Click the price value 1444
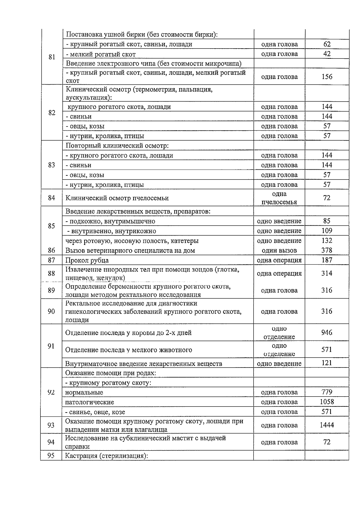327,425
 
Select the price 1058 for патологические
327,402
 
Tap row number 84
52,198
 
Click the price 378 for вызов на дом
327,250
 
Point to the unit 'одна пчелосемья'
279,198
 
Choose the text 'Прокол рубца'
87,260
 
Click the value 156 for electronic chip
327,77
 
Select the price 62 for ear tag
327,44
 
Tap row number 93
51,425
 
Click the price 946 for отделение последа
327,332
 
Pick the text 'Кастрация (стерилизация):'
107,456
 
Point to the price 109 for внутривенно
327,231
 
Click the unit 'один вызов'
279,250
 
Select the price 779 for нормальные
327,392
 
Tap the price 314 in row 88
327,273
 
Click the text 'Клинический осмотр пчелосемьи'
117,198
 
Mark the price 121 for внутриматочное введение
327,363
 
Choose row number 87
51,260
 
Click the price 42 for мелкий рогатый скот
327,54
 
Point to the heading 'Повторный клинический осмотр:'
117,146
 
